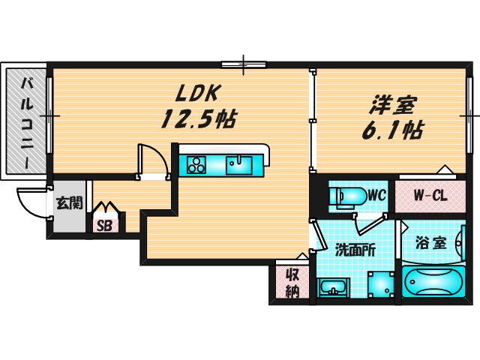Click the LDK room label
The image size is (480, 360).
coord(197,94)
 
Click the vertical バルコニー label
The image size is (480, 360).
coord(26,120)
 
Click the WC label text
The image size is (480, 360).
coord(376,195)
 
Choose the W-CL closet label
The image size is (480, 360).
coord(430,195)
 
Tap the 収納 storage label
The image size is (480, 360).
coord(291,282)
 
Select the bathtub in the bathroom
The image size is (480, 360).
coord(434,282)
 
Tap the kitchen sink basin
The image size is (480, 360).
coord(240,163)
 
